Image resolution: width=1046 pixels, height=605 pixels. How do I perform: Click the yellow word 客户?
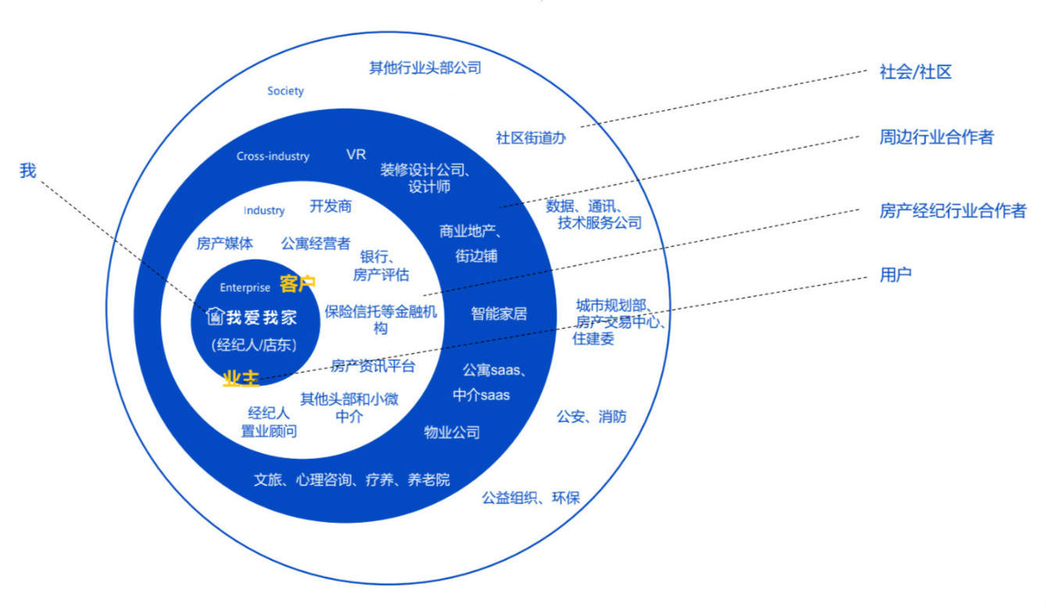(297, 284)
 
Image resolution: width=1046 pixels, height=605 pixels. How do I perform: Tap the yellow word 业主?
(241, 378)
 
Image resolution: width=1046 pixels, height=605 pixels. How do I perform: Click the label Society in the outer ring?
(285, 91)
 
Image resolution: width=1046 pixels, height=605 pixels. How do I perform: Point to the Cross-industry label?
(273, 156)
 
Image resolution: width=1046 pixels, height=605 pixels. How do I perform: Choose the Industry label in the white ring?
(264, 210)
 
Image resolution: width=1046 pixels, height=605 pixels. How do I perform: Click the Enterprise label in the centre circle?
(245, 288)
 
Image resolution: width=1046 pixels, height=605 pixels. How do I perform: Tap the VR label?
(356, 154)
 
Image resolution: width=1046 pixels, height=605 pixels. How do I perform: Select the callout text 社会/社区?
(915, 73)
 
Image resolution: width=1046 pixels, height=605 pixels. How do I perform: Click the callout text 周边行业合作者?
(937, 137)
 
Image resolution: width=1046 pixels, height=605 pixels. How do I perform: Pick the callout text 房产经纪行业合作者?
(952, 210)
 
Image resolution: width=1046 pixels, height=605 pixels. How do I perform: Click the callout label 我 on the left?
(28, 170)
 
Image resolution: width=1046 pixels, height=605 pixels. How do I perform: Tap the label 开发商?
(331, 206)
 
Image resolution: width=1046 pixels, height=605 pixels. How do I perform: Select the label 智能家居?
(499, 313)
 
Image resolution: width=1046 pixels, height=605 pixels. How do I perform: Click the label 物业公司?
(452, 432)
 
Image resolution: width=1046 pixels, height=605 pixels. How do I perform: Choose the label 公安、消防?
(591, 416)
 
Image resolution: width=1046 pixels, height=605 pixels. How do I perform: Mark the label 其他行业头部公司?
(424, 67)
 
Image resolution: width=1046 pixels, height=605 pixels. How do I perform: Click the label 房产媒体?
(224, 243)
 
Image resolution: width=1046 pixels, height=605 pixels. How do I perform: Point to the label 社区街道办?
(531, 138)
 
